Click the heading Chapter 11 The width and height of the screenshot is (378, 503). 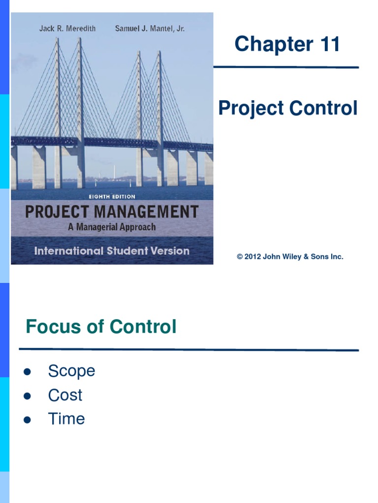tap(287, 44)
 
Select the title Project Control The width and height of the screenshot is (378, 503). tap(288, 109)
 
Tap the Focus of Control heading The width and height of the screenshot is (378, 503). tap(101, 327)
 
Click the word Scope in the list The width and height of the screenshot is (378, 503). tap(71, 371)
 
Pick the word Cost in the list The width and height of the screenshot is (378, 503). tap(65, 395)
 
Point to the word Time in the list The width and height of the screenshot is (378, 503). tap(66, 419)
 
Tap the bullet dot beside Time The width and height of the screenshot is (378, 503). tap(28, 420)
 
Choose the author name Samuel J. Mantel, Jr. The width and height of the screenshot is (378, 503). tap(150, 28)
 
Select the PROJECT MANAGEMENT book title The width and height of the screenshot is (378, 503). tap(112, 212)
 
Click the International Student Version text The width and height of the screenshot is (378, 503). tap(112, 251)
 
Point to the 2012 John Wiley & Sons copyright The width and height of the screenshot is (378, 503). tap(290, 257)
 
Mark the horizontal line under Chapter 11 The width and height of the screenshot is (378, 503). tap(286, 67)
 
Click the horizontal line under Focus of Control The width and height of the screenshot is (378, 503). tap(189, 350)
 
